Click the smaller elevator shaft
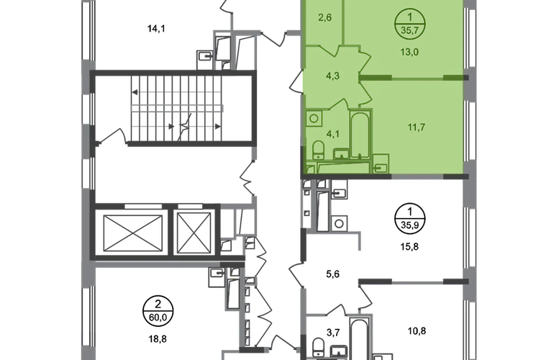pos(192,232)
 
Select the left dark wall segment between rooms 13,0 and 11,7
pos(374,76)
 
